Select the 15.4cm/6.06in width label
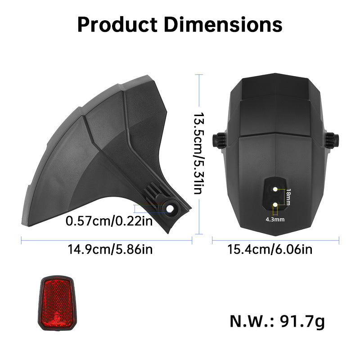pyautogui.click(x=275, y=249)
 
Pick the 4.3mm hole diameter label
pyautogui.click(x=275, y=220)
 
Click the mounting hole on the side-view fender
pyautogui.click(x=171, y=209)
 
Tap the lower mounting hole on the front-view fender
pyautogui.click(x=275, y=205)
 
